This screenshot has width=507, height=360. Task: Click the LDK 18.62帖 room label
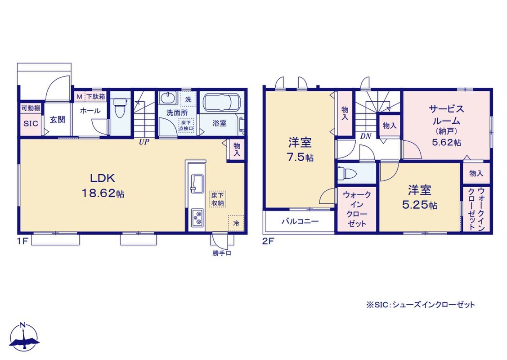click(x=103, y=186)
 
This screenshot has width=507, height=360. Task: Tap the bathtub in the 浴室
click(x=222, y=103)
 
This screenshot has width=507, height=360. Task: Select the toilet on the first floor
click(x=120, y=108)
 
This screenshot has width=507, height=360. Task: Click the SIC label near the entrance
click(x=31, y=124)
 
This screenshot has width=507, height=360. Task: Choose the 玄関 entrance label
click(x=58, y=120)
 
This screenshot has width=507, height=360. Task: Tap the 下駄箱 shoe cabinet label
click(x=95, y=96)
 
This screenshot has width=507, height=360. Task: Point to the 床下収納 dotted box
click(x=218, y=199)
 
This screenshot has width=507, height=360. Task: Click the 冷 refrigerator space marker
click(x=236, y=223)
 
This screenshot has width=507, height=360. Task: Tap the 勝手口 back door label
click(x=222, y=253)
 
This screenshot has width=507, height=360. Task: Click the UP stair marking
click(x=144, y=142)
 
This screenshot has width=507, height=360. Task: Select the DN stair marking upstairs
click(x=366, y=136)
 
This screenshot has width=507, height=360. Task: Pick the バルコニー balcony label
click(x=300, y=221)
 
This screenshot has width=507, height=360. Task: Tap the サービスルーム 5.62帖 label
click(x=447, y=125)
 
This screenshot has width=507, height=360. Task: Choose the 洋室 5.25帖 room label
click(x=420, y=197)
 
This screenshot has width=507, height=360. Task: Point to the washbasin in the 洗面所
click(x=168, y=98)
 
